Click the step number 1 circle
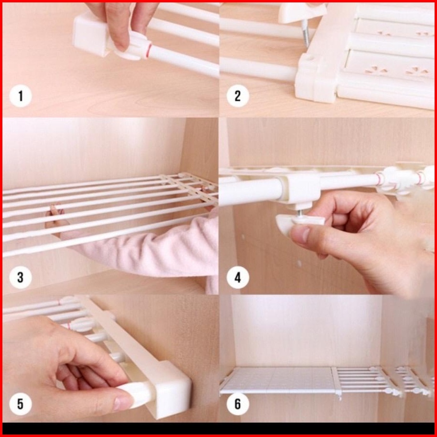(x=20, y=96)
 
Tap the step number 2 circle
(x=238, y=96)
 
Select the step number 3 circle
(x=20, y=278)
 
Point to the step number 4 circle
(x=238, y=278)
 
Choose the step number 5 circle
(x=20, y=404)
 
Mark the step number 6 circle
(x=238, y=404)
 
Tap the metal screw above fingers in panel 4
(x=299, y=213)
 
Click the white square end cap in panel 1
(x=91, y=35)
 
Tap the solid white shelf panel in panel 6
(x=277, y=379)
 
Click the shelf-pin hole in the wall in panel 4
(x=299, y=263)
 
